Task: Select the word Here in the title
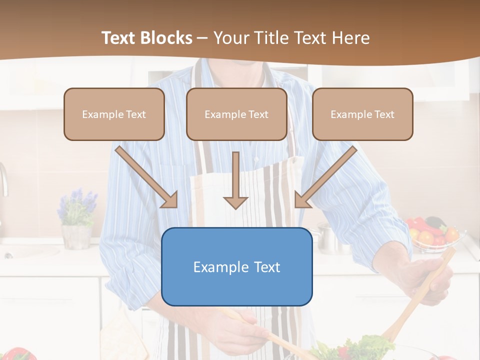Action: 352,38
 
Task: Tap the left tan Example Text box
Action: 114,114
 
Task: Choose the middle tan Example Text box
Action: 236,114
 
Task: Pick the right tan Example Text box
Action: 362,114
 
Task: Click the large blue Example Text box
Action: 236,267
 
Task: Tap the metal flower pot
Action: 75,236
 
